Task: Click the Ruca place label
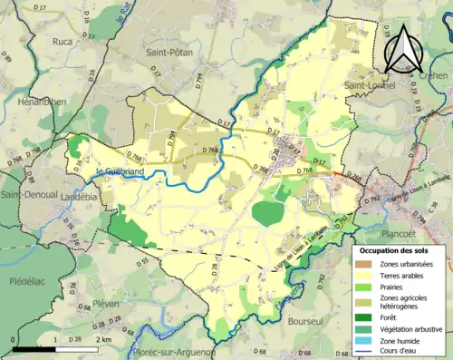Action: pyautogui.click(x=63, y=41)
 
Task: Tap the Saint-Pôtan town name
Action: pyautogui.click(x=169, y=54)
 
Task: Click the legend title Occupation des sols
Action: pyautogui.click(x=397, y=249)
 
